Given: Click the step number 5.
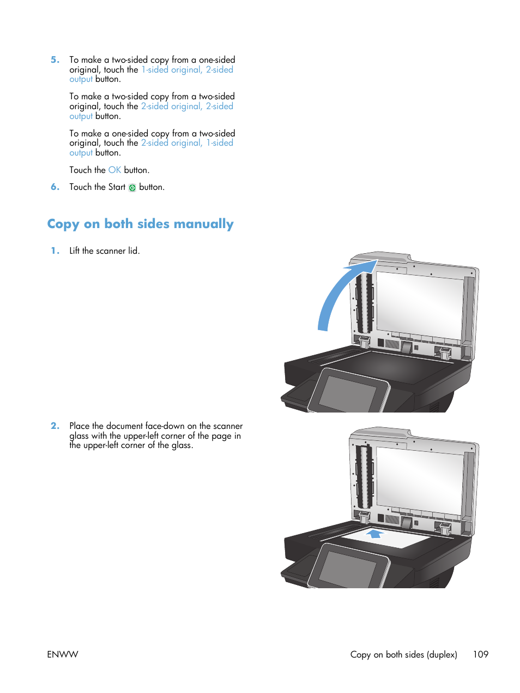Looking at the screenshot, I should click(x=55, y=60).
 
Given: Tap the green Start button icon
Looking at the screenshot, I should click(x=132, y=188).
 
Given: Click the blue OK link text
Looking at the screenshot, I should click(x=114, y=170).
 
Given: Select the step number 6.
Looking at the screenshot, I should click(x=55, y=187).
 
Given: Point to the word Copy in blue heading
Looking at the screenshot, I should click(x=63, y=224).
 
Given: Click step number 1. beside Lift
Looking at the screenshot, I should click(x=55, y=251).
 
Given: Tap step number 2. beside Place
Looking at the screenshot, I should click(x=55, y=426).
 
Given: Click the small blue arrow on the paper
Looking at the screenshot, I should click(x=374, y=533).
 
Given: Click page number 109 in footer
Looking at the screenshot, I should click(x=480, y=654).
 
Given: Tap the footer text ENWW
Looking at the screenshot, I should click(x=62, y=654).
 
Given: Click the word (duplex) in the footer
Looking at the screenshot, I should click(x=442, y=654).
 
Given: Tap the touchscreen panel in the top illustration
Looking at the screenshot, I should click(x=348, y=393).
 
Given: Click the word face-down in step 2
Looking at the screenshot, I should click(x=165, y=426).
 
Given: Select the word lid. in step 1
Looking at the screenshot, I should click(x=134, y=251).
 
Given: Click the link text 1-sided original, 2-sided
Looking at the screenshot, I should click(x=187, y=70).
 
